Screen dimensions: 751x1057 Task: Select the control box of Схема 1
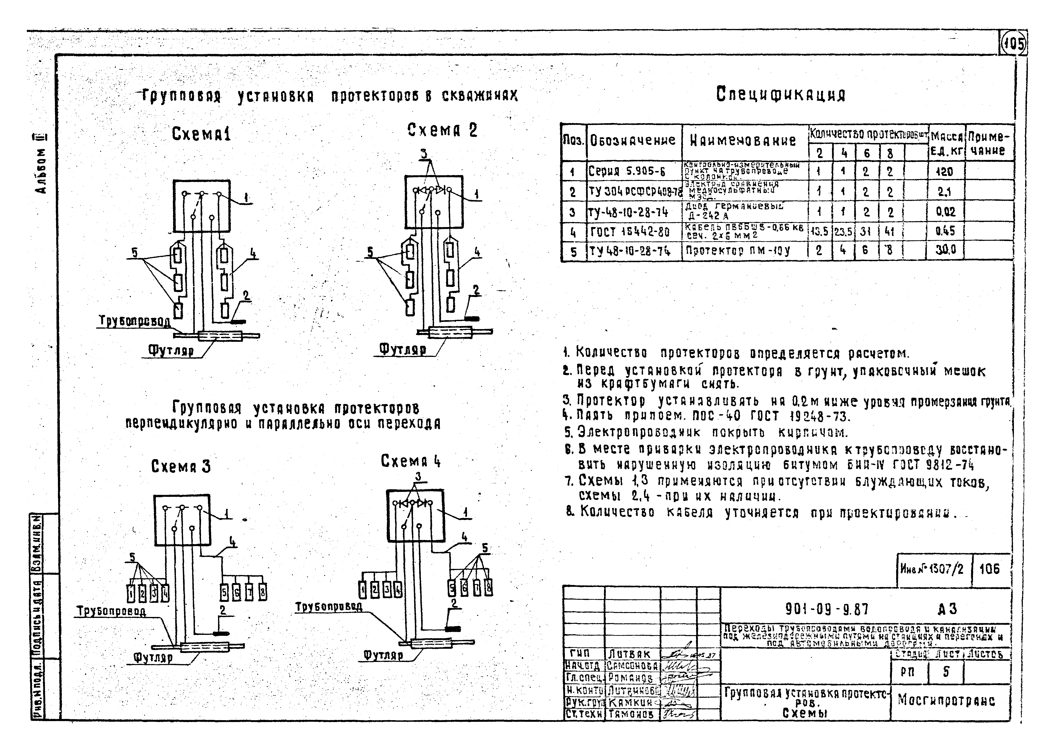[x=202, y=206]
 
